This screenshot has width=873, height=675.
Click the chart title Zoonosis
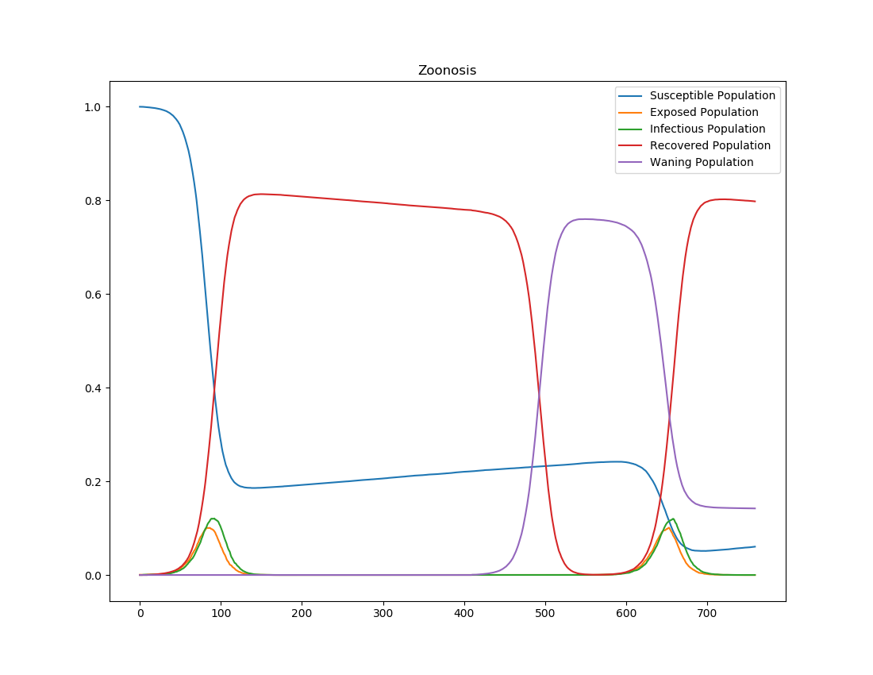coord(447,71)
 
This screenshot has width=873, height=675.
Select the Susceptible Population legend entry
coord(712,96)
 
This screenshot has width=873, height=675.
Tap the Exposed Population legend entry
coord(703,113)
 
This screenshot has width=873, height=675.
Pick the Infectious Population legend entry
coord(707,129)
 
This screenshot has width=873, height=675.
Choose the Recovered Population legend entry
coord(710,146)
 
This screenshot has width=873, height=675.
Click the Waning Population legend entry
coord(701,163)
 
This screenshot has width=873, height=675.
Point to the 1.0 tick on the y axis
coord(94,107)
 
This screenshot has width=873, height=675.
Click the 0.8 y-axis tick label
coord(94,201)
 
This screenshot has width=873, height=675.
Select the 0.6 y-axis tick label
coord(94,295)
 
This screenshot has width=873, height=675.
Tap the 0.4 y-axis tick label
coord(94,388)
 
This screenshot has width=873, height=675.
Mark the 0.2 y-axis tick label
coord(94,482)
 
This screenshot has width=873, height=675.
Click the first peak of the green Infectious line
coord(213,519)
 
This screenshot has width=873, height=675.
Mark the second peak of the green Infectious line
coord(673,519)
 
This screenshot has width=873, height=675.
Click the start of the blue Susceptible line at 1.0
coord(140,106)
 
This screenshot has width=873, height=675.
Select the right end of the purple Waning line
coord(755,508)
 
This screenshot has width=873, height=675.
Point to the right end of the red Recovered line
coord(755,202)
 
